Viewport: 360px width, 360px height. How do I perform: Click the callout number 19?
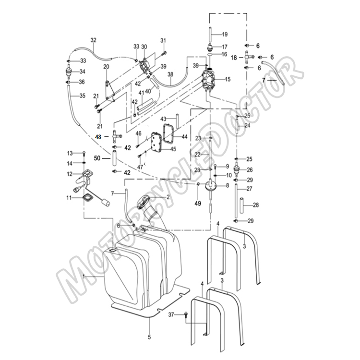click(x=225, y=35)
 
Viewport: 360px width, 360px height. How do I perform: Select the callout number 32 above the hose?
click(x=94, y=40)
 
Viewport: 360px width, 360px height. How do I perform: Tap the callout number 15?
click(x=228, y=79)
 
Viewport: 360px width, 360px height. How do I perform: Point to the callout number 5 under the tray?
click(x=149, y=337)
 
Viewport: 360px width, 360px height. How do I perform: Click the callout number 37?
click(x=171, y=314)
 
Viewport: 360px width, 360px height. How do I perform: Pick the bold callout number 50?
click(x=97, y=158)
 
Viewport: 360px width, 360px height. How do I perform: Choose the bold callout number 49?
click(x=198, y=204)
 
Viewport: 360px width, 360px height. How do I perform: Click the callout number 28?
click(x=256, y=205)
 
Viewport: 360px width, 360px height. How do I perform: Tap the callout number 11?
click(x=69, y=197)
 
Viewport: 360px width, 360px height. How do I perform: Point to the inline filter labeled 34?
click(x=69, y=72)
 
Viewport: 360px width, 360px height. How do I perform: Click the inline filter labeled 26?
click(x=237, y=170)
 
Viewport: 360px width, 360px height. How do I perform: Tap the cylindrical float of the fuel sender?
click(x=106, y=203)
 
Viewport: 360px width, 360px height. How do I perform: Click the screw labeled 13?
click(x=84, y=153)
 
